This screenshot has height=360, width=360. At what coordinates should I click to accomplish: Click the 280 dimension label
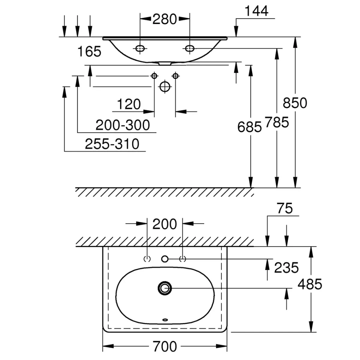[x=164, y=19]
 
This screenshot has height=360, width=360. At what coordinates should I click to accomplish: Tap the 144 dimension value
[x=256, y=11]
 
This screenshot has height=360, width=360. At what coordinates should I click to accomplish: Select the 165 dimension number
[x=89, y=52]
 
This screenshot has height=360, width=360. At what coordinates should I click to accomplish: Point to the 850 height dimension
[x=295, y=103]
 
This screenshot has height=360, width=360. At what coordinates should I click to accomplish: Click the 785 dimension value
[x=277, y=122]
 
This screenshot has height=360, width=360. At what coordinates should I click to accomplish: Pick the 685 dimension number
[x=250, y=127]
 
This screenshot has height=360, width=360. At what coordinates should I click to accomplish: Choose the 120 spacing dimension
[x=129, y=104]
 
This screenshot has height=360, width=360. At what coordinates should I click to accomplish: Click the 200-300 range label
[x=123, y=125]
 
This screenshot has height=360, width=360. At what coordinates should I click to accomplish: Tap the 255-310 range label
[x=112, y=144]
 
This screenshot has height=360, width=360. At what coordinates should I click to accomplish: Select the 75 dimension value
[x=285, y=208]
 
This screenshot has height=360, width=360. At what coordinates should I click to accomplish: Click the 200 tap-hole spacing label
[x=165, y=224]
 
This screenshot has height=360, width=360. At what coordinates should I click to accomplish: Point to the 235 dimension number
[x=286, y=267]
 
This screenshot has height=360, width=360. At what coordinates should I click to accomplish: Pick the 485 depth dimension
[x=310, y=284]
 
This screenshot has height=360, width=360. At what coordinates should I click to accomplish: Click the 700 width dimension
[x=165, y=347]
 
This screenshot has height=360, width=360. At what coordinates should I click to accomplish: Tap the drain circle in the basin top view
[x=164, y=288]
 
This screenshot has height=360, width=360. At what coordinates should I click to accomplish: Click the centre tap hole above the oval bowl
[x=165, y=259]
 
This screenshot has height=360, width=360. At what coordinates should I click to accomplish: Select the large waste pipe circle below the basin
[x=165, y=87]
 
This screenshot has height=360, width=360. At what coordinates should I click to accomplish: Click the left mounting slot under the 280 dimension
[x=140, y=48]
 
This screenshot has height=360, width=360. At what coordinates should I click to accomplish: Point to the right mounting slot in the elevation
[x=190, y=48]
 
